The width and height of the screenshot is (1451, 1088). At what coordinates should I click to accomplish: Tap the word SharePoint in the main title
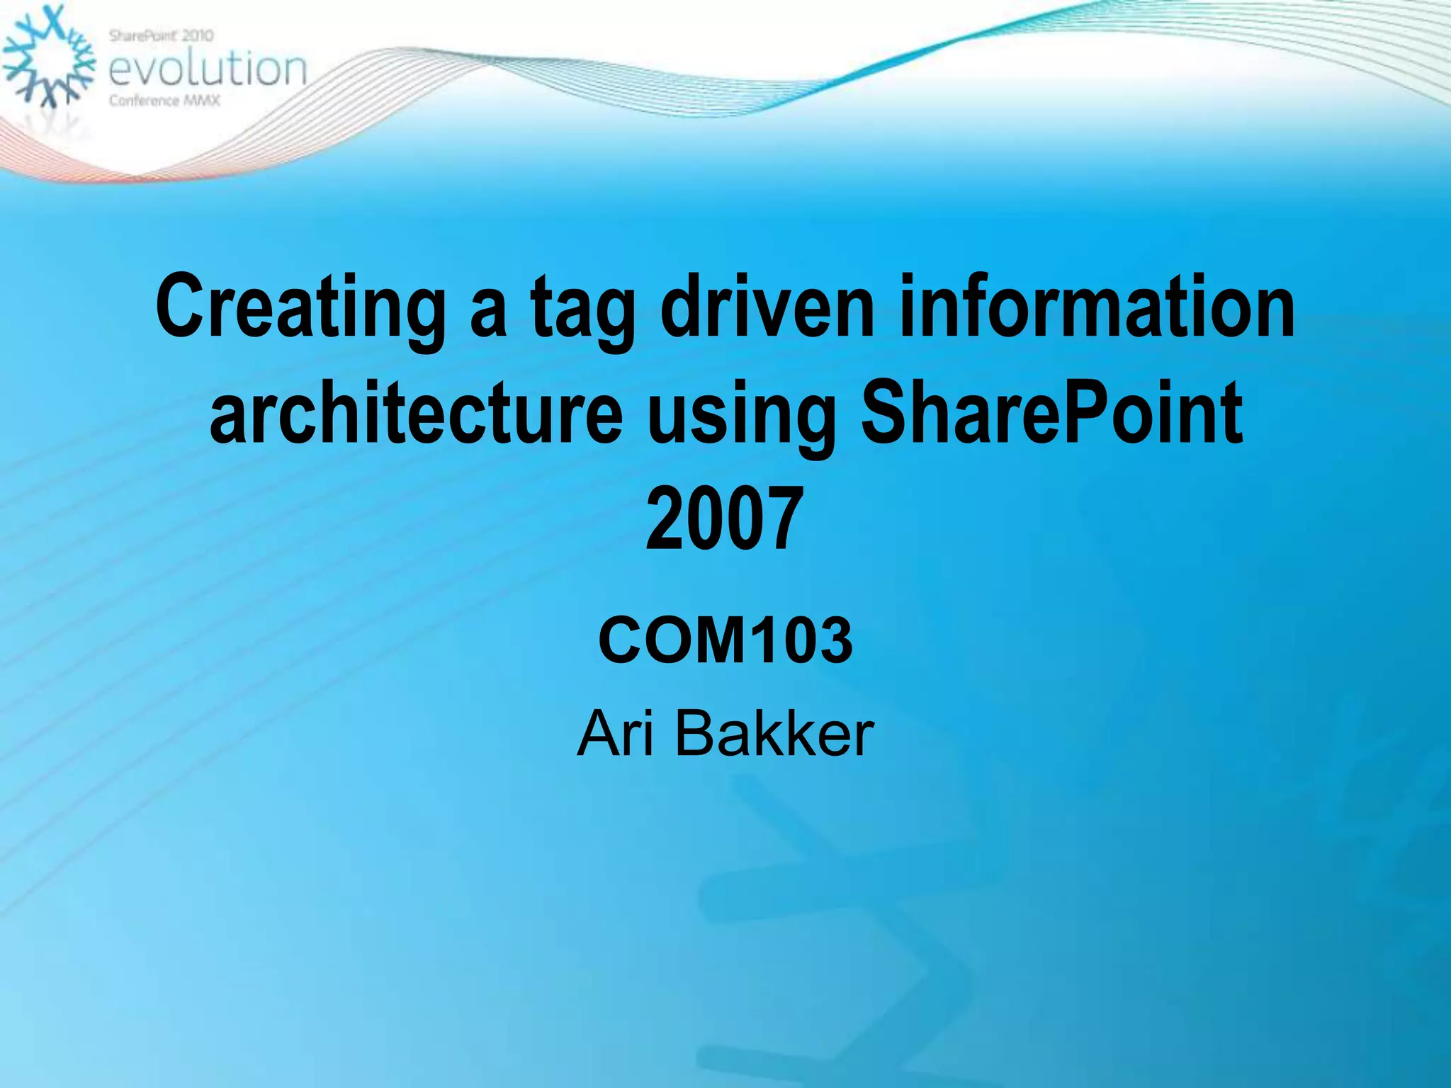click(1051, 412)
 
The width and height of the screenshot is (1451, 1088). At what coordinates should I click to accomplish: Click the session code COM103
click(725, 640)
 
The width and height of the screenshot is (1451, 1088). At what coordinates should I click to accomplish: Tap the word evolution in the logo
click(208, 69)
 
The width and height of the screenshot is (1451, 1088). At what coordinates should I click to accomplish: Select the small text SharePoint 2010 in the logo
click(162, 35)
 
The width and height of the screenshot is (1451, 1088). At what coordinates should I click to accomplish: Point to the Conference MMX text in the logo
click(164, 101)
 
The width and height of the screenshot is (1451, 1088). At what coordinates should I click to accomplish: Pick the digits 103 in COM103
click(800, 640)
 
